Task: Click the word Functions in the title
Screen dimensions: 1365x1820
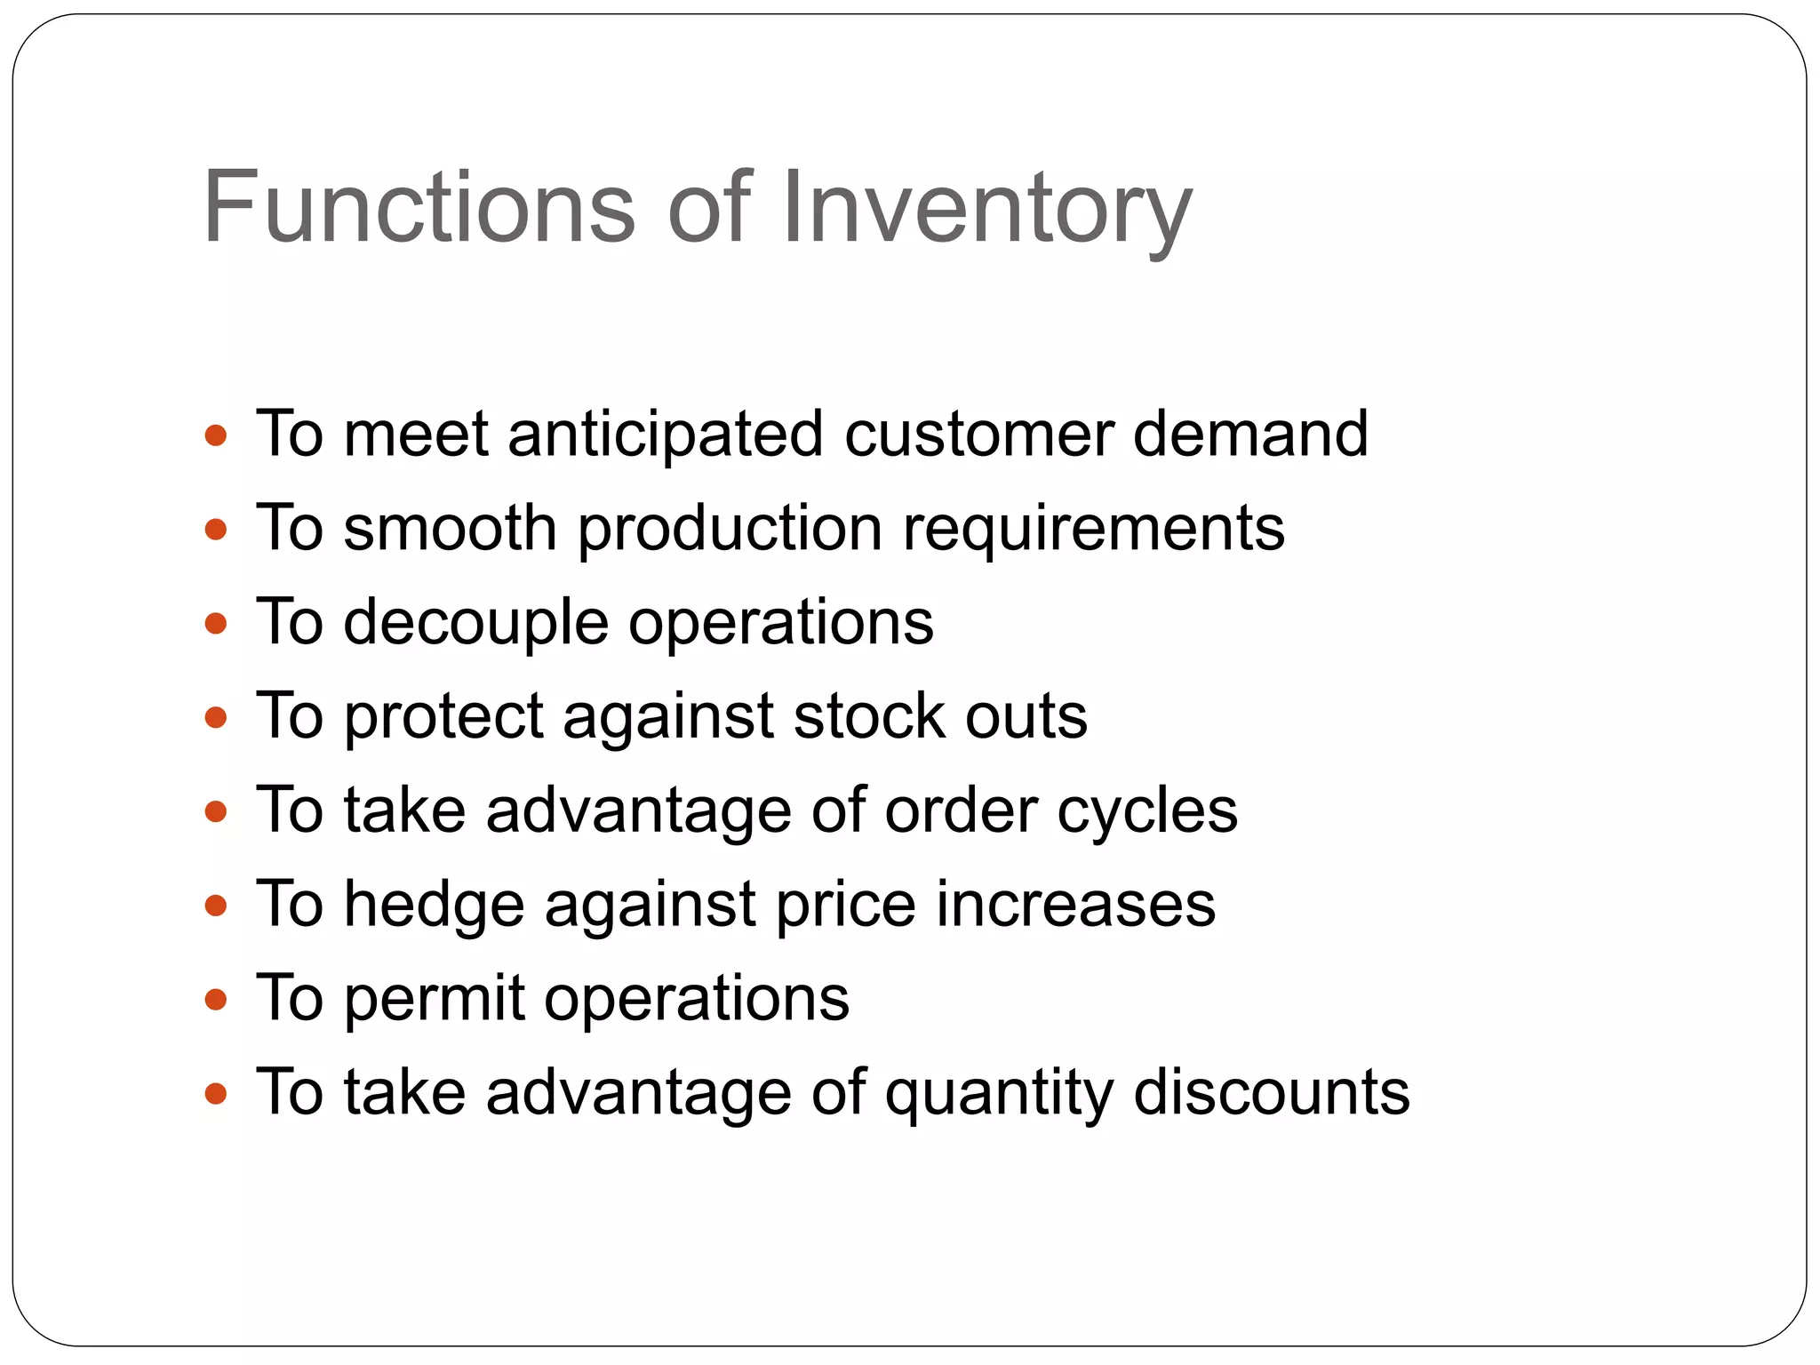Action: click(419, 207)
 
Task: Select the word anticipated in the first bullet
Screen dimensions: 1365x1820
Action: click(665, 435)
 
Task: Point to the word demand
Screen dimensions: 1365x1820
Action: click(1250, 435)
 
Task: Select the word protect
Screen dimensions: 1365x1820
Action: click(443, 717)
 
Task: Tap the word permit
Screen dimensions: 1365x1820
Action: click(435, 1000)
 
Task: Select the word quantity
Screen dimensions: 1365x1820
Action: click(999, 1094)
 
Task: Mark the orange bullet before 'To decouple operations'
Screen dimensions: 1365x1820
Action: click(216, 624)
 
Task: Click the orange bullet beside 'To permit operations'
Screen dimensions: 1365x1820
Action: click(216, 1001)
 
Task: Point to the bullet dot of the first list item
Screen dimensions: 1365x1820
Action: click(216, 435)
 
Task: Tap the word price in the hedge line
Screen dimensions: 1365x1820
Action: click(845, 906)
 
